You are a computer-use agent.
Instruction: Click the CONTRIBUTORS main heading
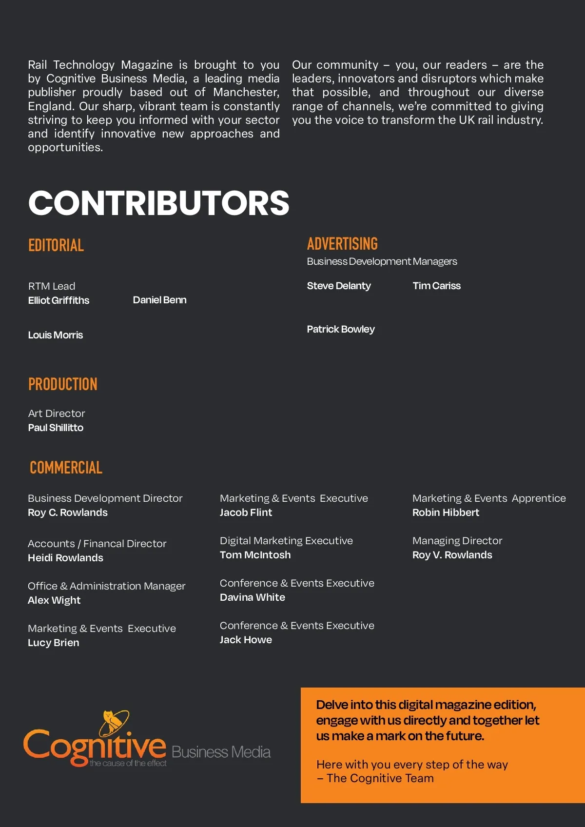(158, 203)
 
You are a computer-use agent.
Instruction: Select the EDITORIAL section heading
(56, 245)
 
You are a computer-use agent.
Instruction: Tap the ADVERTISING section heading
(342, 244)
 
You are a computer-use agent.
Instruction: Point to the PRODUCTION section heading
(63, 384)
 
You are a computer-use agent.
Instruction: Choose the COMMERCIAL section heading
(66, 468)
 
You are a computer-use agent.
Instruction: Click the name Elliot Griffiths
(58, 300)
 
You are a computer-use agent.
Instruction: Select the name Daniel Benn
(159, 300)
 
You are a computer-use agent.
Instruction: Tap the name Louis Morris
(55, 335)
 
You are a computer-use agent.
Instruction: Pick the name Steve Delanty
(339, 286)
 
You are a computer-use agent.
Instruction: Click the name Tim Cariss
(436, 286)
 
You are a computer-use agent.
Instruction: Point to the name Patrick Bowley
(341, 329)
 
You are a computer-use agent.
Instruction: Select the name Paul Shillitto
(56, 428)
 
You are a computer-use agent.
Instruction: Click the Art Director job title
(57, 413)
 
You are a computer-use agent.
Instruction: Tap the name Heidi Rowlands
(65, 558)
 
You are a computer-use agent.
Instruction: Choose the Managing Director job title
(457, 541)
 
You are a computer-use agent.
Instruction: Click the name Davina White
(252, 597)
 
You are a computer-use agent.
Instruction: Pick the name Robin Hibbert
(446, 512)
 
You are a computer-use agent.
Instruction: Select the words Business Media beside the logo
(221, 752)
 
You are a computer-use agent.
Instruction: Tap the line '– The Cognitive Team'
(375, 778)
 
